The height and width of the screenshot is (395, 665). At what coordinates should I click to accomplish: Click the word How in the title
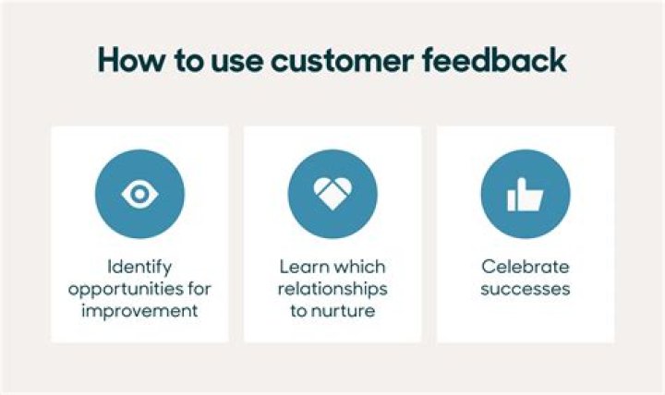(128, 60)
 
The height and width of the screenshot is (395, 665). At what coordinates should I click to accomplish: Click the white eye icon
(139, 193)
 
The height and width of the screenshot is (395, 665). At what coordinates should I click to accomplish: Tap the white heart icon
(332, 193)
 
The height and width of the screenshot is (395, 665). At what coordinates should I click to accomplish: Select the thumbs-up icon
(525, 194)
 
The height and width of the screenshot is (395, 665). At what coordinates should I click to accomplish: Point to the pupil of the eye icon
(139, 193)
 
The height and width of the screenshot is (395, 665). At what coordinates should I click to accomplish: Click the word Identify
(139, 267)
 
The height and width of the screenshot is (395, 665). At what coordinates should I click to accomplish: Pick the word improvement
(139, 310)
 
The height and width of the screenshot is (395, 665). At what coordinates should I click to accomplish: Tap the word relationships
(332, 289)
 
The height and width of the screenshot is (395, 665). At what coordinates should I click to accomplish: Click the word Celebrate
(525, 267)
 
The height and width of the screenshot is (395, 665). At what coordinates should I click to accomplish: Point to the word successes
(525, 289)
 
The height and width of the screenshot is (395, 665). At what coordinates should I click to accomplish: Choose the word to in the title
(182, 60)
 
